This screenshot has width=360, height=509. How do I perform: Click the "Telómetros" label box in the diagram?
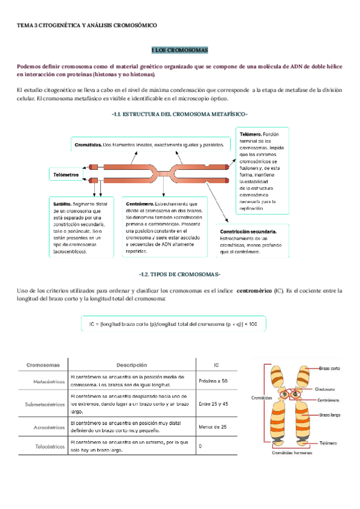(66, 175)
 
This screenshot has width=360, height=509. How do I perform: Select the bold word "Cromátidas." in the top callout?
(88, 145)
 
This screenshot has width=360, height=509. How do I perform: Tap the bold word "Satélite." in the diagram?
(62, 204)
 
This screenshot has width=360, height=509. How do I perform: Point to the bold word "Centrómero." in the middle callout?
(140, 204)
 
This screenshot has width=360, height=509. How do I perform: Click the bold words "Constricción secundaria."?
(248, 231)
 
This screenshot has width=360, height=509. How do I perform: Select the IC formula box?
(174, 324)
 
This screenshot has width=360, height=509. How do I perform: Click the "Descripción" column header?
(131, 365)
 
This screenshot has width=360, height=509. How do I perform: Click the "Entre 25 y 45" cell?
(213, 405)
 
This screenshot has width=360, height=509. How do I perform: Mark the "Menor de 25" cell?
(212, 427)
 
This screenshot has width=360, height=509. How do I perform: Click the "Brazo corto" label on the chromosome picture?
(330, 369)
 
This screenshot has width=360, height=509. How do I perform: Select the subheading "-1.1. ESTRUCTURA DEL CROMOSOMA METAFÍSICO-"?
(179, 114)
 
